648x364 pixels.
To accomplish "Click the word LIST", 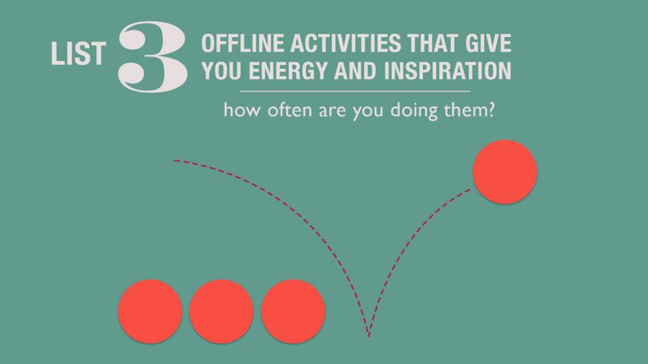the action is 78,54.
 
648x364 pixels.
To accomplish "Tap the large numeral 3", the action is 153,56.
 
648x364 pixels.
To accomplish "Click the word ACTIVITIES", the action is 345,43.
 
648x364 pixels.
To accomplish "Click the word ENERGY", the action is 288,70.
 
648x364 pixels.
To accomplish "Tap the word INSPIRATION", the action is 447,70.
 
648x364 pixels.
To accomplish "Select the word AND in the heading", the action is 356,70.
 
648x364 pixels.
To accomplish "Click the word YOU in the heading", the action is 222,70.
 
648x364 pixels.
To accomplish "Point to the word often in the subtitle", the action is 289,110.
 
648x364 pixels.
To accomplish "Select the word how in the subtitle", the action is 242,110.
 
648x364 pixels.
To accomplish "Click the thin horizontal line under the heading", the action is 355,91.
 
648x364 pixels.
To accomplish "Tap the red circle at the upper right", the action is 505,172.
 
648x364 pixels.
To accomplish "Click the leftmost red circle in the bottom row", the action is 150,312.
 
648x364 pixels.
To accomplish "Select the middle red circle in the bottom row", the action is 222,312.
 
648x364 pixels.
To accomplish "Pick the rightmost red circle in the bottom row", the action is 293,312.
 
